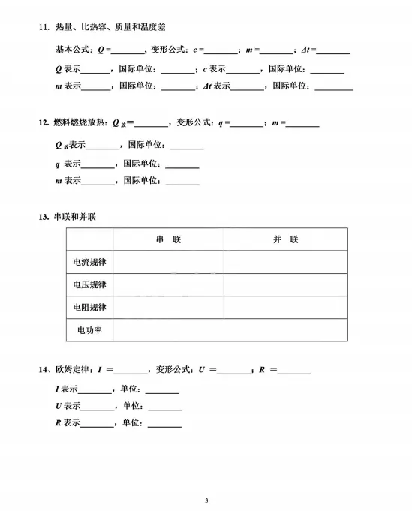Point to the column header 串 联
(x=168, y=239)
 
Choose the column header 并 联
(x=285, y=239)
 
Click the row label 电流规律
(x=89, y=262)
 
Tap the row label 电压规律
(x=89, y=285)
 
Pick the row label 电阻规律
(x=89, y=308)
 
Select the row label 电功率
(x=89, y=330)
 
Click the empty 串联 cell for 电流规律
(x=168, y=262)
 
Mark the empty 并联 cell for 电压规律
(x=285, y=285)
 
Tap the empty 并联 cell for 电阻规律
(x=285, y=308)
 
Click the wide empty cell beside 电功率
(x=230, y=330)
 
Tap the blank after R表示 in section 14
(x=96, y=424)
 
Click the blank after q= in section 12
(x=247, y=123)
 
